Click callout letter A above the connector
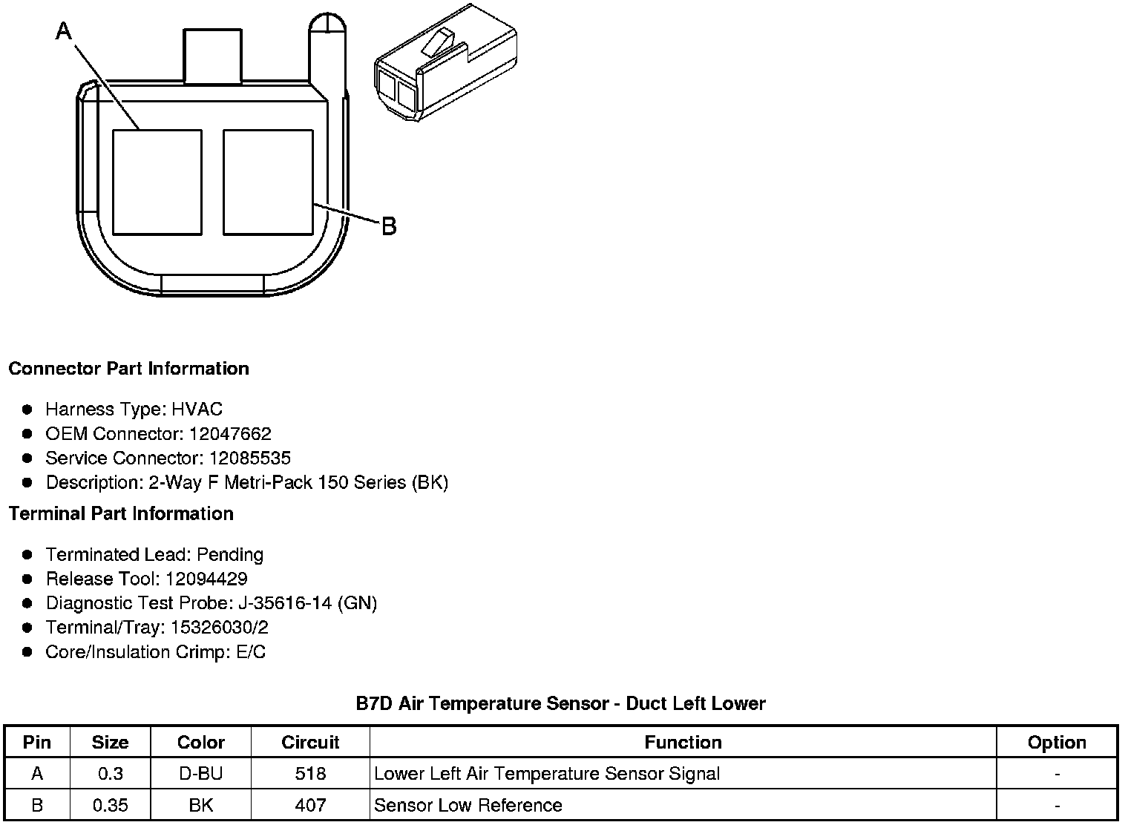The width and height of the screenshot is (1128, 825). pos(65,30)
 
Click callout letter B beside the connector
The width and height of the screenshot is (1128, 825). pos(389,226)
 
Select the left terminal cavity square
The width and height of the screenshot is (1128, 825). pos(157,182)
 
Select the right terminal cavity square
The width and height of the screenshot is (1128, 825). pos(268,182)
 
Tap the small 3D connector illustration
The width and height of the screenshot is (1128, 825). pos(445,64)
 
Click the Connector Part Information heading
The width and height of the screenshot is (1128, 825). pos(128,369)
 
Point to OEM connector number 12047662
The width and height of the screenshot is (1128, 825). pos(230,433)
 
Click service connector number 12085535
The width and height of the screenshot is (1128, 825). pos(250,458)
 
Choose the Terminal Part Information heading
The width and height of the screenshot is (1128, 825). pos(121,513)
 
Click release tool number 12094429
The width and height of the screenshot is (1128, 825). pos(206,579)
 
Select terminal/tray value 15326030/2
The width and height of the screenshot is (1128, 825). pos(220,628)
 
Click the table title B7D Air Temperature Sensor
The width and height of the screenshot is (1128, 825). pos(560,703)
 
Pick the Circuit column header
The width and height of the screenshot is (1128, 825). pos(310,743)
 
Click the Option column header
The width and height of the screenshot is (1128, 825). pos(1057,743)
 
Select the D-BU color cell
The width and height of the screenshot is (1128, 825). pos(200,774)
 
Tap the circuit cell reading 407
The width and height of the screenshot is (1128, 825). pos(310,805)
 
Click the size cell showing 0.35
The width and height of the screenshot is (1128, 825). pos(110,805)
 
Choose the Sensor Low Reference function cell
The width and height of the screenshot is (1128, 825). pos(468,805)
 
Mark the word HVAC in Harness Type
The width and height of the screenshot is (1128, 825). pos(197,409)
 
